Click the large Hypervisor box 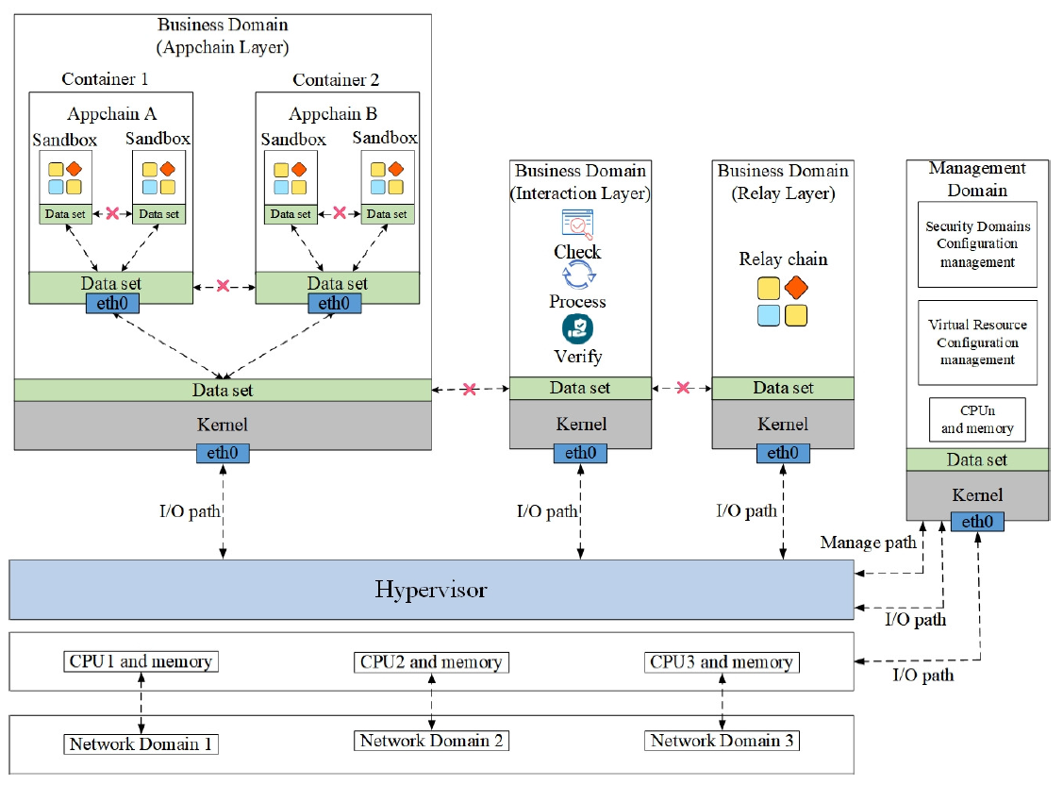coord(431,591)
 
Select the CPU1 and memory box coord(141,661)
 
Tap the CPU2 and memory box coord(431,661)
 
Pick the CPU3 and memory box coord(722,661)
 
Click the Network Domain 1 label coord(141,743)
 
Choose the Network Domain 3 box coord(722,741)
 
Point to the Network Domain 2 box coord(431,741)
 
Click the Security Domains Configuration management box coord(977,244)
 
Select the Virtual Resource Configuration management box coord(977,342)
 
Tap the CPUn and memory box coord(977,420)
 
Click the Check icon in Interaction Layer coord(577,224)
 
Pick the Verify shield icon coord(577,328)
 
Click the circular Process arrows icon coord(577,276)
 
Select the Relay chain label coord(783,259)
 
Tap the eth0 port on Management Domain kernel coord(977,521)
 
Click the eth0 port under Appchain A coord(111,304)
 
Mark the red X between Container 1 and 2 coord(223,285)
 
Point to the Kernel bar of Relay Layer coord(783,425)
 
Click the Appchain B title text coord(333,114)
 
